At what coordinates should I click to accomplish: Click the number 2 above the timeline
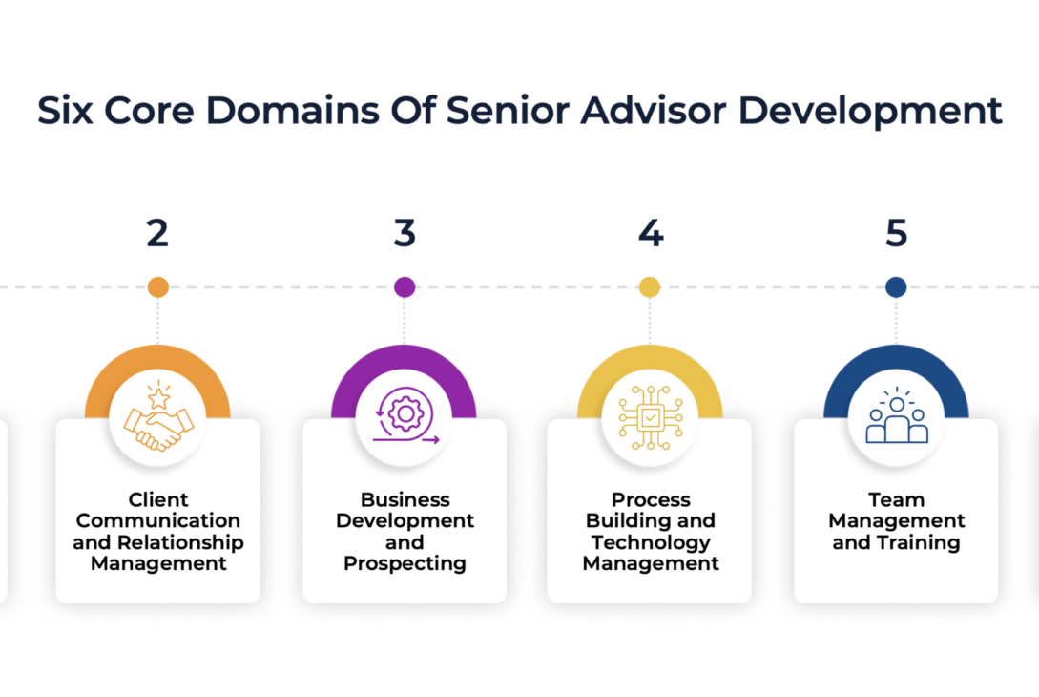157,234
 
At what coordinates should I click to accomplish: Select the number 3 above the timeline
405,234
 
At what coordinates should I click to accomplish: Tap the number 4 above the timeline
650,234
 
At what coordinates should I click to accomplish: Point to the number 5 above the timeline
896,234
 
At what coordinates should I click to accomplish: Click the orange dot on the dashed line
158,286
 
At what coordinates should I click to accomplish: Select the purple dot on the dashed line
405,286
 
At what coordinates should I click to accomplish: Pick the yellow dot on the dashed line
650,286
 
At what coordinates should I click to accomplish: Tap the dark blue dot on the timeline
896,286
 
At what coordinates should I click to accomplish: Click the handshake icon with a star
158,420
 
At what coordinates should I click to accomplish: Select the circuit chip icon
650,418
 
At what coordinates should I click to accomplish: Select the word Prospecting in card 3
405,564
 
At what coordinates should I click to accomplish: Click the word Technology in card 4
650,542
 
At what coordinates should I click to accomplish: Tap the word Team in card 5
896,499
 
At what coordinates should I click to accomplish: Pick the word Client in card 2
158,499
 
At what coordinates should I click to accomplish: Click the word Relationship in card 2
194,542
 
